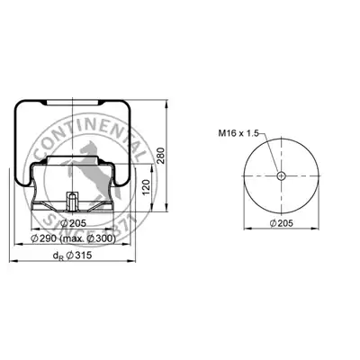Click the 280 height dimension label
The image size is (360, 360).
pos(161,156)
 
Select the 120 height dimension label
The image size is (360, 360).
pos(146,187)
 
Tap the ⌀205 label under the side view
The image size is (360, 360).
pos(73,223)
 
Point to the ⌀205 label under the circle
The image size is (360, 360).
pos(281,223)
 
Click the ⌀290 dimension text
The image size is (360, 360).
pos(44,238)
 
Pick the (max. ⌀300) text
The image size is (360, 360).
pos(88,238)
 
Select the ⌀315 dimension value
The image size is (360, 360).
pos(78,255)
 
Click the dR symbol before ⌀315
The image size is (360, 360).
pos(58,256)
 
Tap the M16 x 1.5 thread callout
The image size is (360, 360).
pos(238,133)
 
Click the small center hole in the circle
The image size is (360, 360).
pos(281,175)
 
